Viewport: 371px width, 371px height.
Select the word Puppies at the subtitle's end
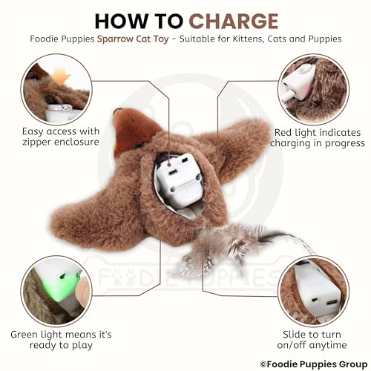[x=323, y=39]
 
